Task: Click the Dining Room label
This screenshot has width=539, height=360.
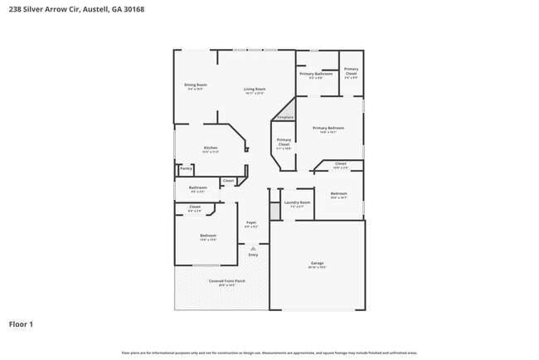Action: click(196, 85)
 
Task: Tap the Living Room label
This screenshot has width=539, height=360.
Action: click(254, 89)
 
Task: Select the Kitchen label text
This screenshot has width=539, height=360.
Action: click(211, 148)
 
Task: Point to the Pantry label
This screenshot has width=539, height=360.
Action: click(186, 168)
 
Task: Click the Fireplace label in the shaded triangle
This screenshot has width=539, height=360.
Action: click(285, 117)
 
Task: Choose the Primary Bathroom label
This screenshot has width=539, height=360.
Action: click(316, 74)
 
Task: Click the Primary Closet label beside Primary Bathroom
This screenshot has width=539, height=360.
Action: click(351, 71)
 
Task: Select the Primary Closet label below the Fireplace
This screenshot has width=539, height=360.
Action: click(284, 143)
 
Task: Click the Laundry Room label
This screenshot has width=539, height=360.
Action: click(297, 202)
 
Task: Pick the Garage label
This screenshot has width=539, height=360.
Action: click(317, 264)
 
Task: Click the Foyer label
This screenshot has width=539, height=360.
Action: click(251, 223)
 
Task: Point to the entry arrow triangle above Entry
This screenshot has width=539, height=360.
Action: click(253, 247)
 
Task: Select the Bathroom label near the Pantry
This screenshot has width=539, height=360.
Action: click(198, 187)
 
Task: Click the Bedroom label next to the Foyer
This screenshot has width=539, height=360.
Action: click(207, 236)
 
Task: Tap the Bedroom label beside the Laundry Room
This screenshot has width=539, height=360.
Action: click(338, 194)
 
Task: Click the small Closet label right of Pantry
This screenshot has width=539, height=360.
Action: click(228, 180)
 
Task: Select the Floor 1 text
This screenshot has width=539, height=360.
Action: click(21, 324)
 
